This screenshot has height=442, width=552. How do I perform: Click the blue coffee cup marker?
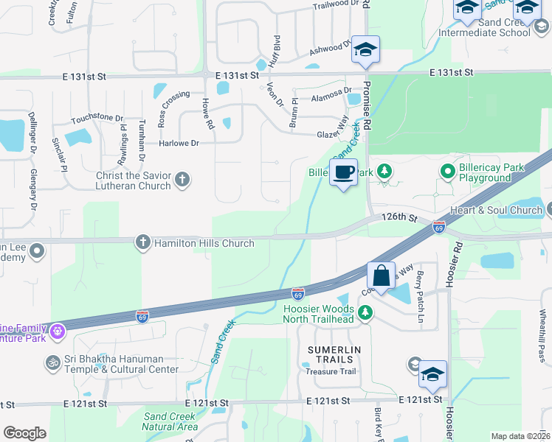(343, 173)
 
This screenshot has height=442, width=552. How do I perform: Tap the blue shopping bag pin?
(381, 277)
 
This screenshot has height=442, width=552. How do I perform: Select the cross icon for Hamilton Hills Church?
(143, 242)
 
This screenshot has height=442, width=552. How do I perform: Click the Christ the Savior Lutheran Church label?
(133, 180)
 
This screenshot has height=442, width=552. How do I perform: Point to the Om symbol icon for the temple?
(52, 362)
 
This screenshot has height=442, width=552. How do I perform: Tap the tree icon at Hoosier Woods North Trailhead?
(365, 314)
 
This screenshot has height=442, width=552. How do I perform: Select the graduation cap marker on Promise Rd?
(365, 50)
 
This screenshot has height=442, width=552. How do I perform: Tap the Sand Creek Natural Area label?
(170, 421)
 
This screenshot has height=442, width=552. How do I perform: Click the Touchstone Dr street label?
(97, 118)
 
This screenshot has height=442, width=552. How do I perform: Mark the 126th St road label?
(399, 218)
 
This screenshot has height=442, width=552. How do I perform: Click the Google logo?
(24, 433)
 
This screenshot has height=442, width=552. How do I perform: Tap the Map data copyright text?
(520, 436)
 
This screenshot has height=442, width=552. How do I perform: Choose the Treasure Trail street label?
(331, 371)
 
